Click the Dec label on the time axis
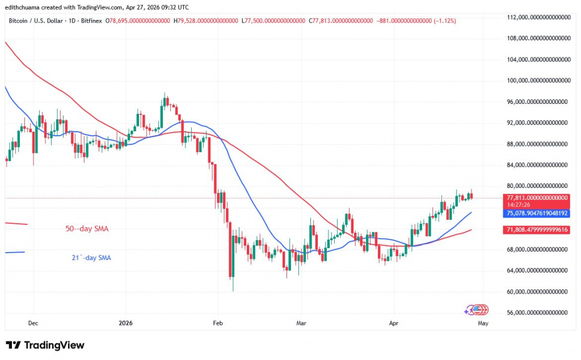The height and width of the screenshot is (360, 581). (33, 323)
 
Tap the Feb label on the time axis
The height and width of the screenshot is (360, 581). (217, 323)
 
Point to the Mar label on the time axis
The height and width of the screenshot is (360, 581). (301, 323)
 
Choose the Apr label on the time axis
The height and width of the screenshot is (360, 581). (393, 323)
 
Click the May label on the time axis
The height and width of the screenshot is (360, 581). (482, 323)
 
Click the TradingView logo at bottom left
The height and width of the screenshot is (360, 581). (45, 345)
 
